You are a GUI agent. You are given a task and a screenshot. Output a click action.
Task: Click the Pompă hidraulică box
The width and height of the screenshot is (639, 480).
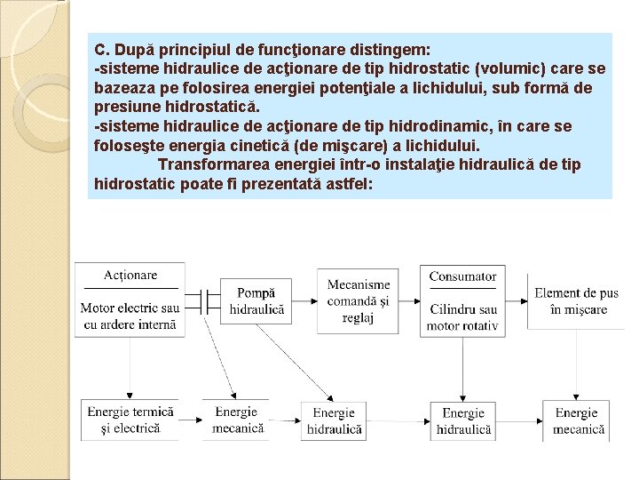[257, 300]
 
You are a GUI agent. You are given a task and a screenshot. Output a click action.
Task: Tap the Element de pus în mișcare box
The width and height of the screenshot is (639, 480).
[576, 300]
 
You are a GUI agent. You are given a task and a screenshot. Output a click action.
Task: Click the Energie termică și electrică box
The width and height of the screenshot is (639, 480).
[131, 420]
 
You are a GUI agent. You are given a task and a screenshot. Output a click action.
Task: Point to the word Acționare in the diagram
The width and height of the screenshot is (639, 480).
[130, 276]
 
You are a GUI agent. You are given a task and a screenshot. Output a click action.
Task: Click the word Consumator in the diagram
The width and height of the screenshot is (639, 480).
[462, 276]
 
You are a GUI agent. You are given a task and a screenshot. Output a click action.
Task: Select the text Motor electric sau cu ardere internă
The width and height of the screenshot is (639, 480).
[130, 316]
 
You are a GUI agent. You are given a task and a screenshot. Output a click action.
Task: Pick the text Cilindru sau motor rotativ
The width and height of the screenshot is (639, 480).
[462, 317]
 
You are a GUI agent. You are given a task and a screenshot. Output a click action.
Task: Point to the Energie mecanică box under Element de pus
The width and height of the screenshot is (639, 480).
[580, 420]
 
